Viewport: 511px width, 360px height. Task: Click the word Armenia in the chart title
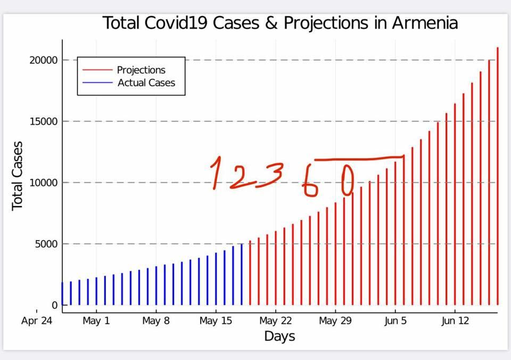pyautogui.click(x=425, y=23)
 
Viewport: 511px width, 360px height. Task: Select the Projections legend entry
pyautogui.click(x=141, y=70)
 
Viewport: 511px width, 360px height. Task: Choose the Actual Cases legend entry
pyautogui.click(x=146, y=83)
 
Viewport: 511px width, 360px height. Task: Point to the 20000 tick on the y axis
pyautogui.click(x=43, y=60)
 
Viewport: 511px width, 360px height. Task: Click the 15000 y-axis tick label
pyautogui.click(x=43, y=121)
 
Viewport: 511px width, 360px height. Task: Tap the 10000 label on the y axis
pyautogui.click(x=43, y=183)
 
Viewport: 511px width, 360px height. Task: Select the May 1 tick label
pyautogui.click(x=96, y=321)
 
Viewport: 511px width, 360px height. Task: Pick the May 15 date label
pyautogui.click(x=216, y=321)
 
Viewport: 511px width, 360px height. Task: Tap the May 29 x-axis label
pyautogui.click(x=335, y=321)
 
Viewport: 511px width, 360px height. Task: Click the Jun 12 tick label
pyautogui.click(x=455, y=321)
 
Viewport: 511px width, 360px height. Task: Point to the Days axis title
pyautogui.click(x=279, y=336)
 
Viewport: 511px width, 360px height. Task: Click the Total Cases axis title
pyautogui.click(x=18, y=175)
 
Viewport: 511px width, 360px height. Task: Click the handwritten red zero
pyautogui.click(x=346, y=181)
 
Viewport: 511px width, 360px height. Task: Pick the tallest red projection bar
pyautogui.click(x=498, y=176)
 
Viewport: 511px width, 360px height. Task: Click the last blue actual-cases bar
pyautogui.click(x=241, y=274)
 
